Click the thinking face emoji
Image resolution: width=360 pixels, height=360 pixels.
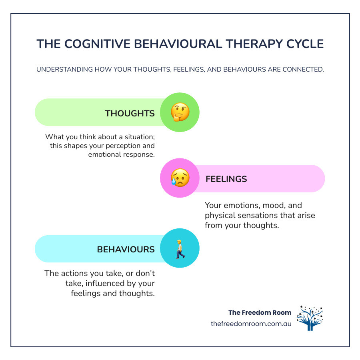pyautogui.click(x=180, y=113)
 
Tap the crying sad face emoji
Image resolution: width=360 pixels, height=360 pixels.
pyautogui.click(x=180, y=178)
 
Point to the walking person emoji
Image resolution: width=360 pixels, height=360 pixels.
pyautogui.click(x=180, y=248)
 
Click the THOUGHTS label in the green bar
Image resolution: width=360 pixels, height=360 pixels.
pyautogui.click(x=130, y=113)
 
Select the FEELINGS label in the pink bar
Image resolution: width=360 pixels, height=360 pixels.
pyautogui.click(x=226, y=179)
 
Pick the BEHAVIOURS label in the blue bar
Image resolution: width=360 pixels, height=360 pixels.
pyautogui.click(x=126, y=249)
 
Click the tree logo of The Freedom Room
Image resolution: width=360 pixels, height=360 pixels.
pyautogui.click(x=309, y=318)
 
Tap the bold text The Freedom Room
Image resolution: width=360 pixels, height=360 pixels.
pyautogui.click(x=260, y=312)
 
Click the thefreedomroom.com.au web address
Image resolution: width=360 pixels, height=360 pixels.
pyautogui.click(x=251, y=324)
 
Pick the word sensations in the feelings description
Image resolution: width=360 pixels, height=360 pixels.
pyautogui.click(x=271, y=216)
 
